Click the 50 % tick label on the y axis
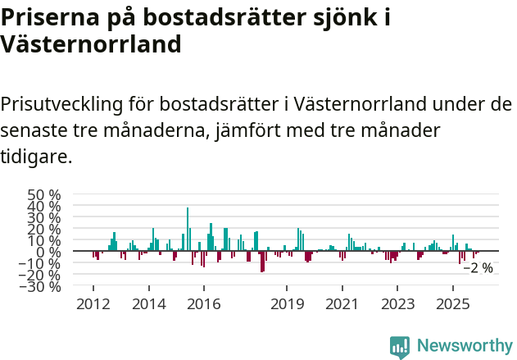[x=44, y=195]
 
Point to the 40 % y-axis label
[x=44, y=207]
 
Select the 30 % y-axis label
[x=44, y=218]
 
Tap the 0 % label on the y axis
[x=49, y=252]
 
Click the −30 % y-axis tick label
[x=41, y=286]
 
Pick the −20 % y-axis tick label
[x=41, y=275]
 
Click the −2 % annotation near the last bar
[x=478, y=267]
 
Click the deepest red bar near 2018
[x=262, y=261]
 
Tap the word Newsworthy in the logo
[x=464, y=346]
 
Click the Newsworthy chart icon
[x=400, y=346]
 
